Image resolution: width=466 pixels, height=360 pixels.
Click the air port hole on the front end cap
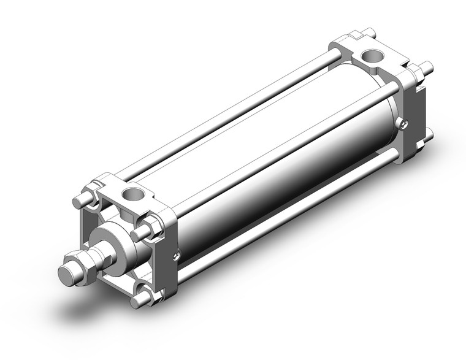(131, 195)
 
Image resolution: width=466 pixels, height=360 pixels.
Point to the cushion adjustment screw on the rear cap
(402, 124)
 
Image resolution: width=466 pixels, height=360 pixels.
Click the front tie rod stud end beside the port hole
(141, 231)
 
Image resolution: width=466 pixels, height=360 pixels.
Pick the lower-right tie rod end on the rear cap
(429, 134)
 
